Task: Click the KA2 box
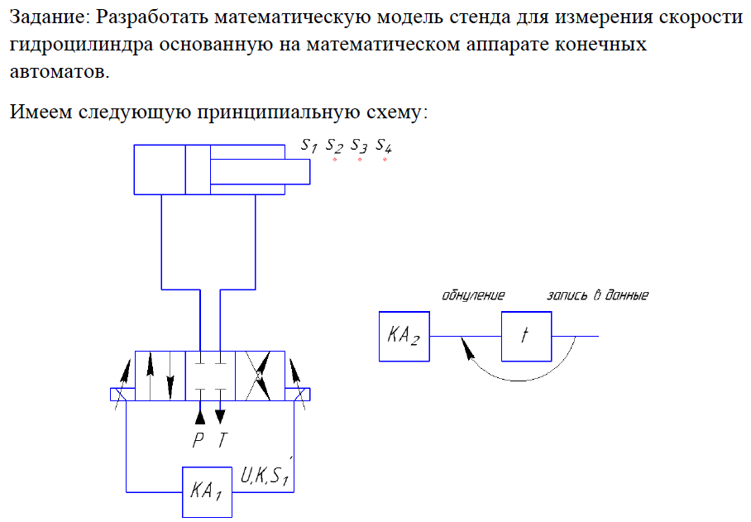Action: [x=404, y=337]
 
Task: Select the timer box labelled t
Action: [x=526, y=337]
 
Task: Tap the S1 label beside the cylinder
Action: [x=309, y=146]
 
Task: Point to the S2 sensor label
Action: [x=334, y=146]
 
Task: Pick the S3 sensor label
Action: [x=359, y=146]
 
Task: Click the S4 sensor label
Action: [x=384, y=146]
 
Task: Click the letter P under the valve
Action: [x=199, y=441]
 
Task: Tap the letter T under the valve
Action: [x=222, y=441]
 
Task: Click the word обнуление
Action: [x=473, y=295]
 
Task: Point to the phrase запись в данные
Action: [x=597, y=295]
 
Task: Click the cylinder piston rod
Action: [x=260, y=171]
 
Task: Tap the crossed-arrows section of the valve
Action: [x=261, y=376]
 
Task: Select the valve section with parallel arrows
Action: [x=160, y=376]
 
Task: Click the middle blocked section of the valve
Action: [x=210, y=376]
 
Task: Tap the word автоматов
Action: [x=59, y=72]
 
